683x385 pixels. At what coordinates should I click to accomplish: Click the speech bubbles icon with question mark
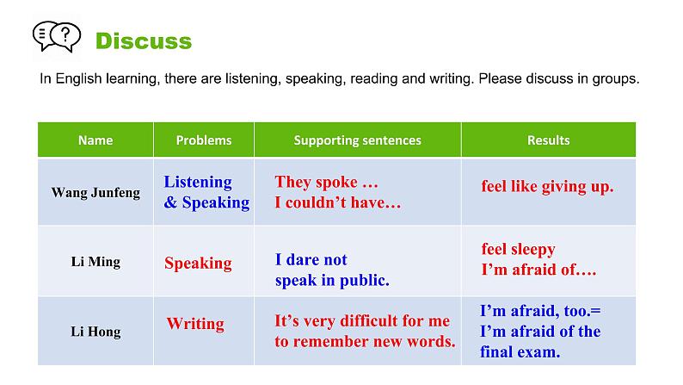click(56, 38)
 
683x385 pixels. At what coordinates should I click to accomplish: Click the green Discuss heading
click(143, 40)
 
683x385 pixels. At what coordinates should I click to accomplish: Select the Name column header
click(95, 140)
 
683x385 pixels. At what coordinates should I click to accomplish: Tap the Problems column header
click(204, 140)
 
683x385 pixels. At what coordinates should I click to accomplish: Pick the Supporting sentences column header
click(357, 140)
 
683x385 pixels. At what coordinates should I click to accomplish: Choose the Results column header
click(548, 140)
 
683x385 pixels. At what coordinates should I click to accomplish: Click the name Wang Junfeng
click(95, 192)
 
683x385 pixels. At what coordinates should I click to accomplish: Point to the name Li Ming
click(95, 262)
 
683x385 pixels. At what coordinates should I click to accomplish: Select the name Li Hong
click(95, 332)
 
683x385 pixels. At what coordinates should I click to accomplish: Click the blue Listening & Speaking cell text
click(206, 192)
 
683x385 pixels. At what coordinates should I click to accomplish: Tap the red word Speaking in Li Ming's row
click(198, 263)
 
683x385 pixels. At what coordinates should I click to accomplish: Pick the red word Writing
click(195, 324)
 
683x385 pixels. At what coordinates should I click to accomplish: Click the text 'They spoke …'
click(326, 183)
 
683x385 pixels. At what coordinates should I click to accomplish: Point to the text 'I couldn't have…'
click(337, 203)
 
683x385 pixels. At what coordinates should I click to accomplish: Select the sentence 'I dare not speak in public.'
click(332, 270)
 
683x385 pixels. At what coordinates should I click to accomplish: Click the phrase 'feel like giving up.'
click(547, 186)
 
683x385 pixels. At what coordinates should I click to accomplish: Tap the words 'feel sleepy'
click(518, 250)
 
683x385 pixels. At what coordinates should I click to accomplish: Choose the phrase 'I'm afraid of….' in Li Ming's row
click(538, 270)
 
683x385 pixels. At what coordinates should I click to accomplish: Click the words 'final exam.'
click(520, 351)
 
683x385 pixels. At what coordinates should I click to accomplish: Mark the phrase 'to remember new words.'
click(365, 341)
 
